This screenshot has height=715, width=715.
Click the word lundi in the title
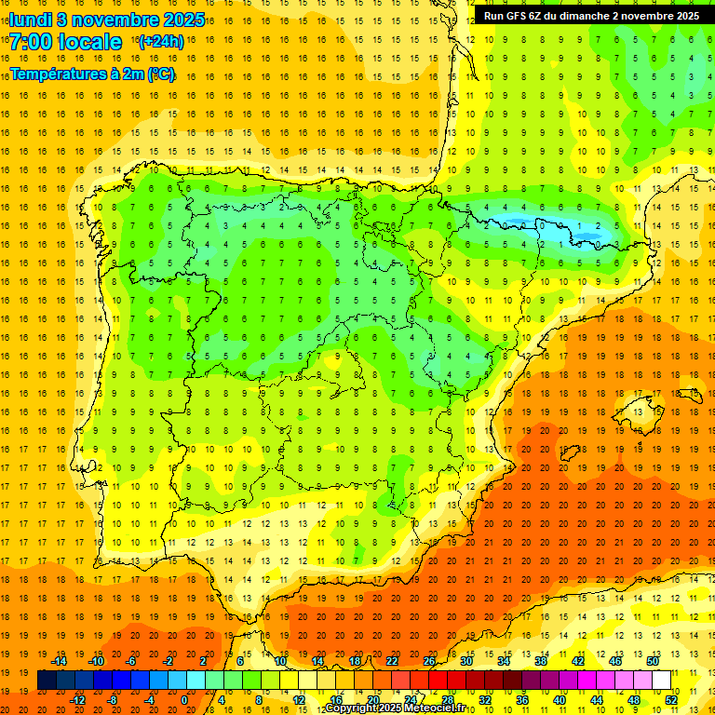pos(30,20)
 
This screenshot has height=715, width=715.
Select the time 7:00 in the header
pos(33,42)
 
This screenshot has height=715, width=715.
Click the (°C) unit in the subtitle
pos(161,73)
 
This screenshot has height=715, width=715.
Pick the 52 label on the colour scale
pos(672,700)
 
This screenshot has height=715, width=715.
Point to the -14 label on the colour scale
pos(59,661)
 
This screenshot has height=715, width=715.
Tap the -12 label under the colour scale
pos(77,700)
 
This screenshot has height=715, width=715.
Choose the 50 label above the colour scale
pos(654,661)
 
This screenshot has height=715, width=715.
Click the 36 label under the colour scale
pos(522,700)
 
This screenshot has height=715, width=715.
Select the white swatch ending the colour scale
pos(662,681)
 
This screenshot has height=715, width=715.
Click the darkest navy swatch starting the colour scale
pos(47,681)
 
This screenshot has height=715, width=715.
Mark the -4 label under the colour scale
pos(150,700)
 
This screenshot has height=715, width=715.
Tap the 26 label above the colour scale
pos(429,661)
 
